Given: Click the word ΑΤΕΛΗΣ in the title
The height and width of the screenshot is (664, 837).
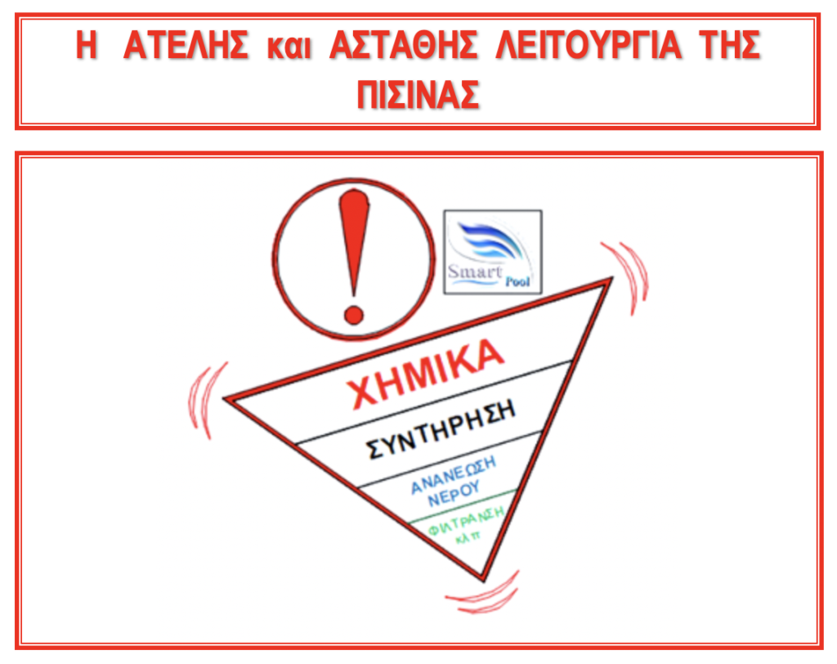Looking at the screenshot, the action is click(186, 45).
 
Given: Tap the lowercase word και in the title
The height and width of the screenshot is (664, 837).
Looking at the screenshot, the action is click(289, 47).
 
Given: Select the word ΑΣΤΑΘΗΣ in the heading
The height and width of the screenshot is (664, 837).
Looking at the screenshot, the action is click(404, 45).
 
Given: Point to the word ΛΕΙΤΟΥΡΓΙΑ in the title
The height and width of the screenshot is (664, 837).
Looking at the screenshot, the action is click(589, 45).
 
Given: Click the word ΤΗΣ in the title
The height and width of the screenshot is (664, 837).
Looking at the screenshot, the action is click(729, 45).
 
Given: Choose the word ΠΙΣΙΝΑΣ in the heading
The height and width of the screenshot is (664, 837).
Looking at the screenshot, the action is click(418, 95).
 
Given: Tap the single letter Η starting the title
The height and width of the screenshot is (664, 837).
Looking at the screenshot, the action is click(87, 45).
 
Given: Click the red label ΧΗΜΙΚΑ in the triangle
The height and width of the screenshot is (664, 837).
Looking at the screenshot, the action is click(425, 372).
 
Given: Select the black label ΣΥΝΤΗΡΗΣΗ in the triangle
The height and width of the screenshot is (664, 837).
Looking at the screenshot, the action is click(441, 429).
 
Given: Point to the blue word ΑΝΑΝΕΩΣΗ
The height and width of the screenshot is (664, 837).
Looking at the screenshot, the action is click(453, 474).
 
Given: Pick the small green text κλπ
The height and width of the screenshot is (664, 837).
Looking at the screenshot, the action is click(468, 537).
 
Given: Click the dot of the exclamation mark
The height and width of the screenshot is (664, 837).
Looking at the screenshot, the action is click(353, 314).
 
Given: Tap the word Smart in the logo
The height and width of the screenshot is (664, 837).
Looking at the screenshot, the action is click(475, 271).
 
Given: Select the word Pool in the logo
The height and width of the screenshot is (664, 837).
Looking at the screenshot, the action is click(517, 281).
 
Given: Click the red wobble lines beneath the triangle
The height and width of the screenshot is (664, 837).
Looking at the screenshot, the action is click(482, 594).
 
